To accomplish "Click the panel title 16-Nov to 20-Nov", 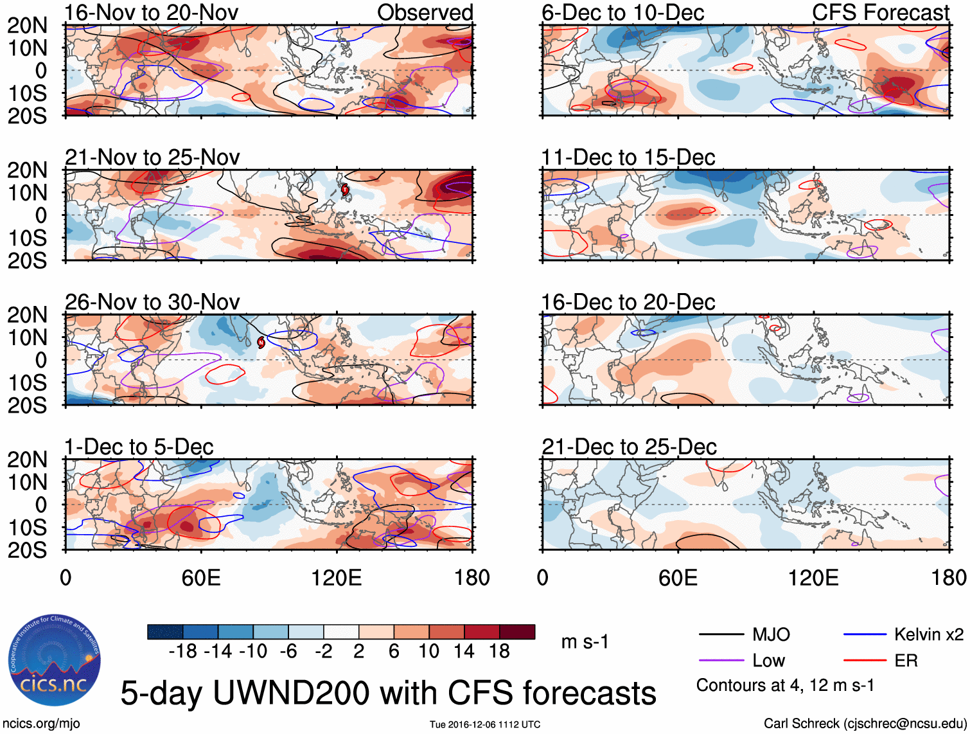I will click(x=152, y=12).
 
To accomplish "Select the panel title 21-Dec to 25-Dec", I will click(x=629, y=447).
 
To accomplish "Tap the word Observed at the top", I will click(x=425, y=12).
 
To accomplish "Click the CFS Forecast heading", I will click(x=881, y=12).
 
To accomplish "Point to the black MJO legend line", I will click(x=721, y=635).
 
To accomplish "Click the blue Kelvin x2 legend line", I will click(x=865, y=635).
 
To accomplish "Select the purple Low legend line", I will click(x=721, y=661).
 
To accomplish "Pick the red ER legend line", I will click(x=865, y=661).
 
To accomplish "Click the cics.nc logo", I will click(x=55, y=662).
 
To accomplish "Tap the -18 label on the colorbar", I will click(x=183, y=652).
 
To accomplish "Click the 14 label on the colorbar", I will click(x=464, y=652).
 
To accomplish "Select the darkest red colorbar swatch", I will click(x=517, y=632).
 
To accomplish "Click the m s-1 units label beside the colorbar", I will click(x=585, y=641).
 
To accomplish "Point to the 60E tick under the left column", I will click(x=201, y=577).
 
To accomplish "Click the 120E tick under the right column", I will click(x=813, y=577).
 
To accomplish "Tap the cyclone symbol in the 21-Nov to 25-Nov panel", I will click(x=345, y=189).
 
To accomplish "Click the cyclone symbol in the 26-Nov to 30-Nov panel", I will click(x=261, y=342).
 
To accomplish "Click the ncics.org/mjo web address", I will click(x=41, y=724).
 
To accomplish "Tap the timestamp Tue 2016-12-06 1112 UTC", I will click(x=485, y=724).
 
